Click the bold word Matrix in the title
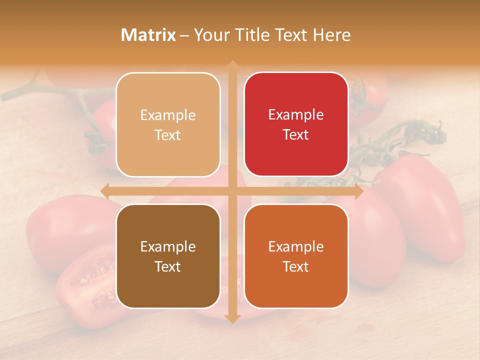click(x=148, y=35)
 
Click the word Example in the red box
click(x=296, y=115)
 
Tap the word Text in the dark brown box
click(x=167, y=266)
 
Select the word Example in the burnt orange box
click(x=296, y=246)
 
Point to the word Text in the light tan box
click(x=167, y=135)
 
